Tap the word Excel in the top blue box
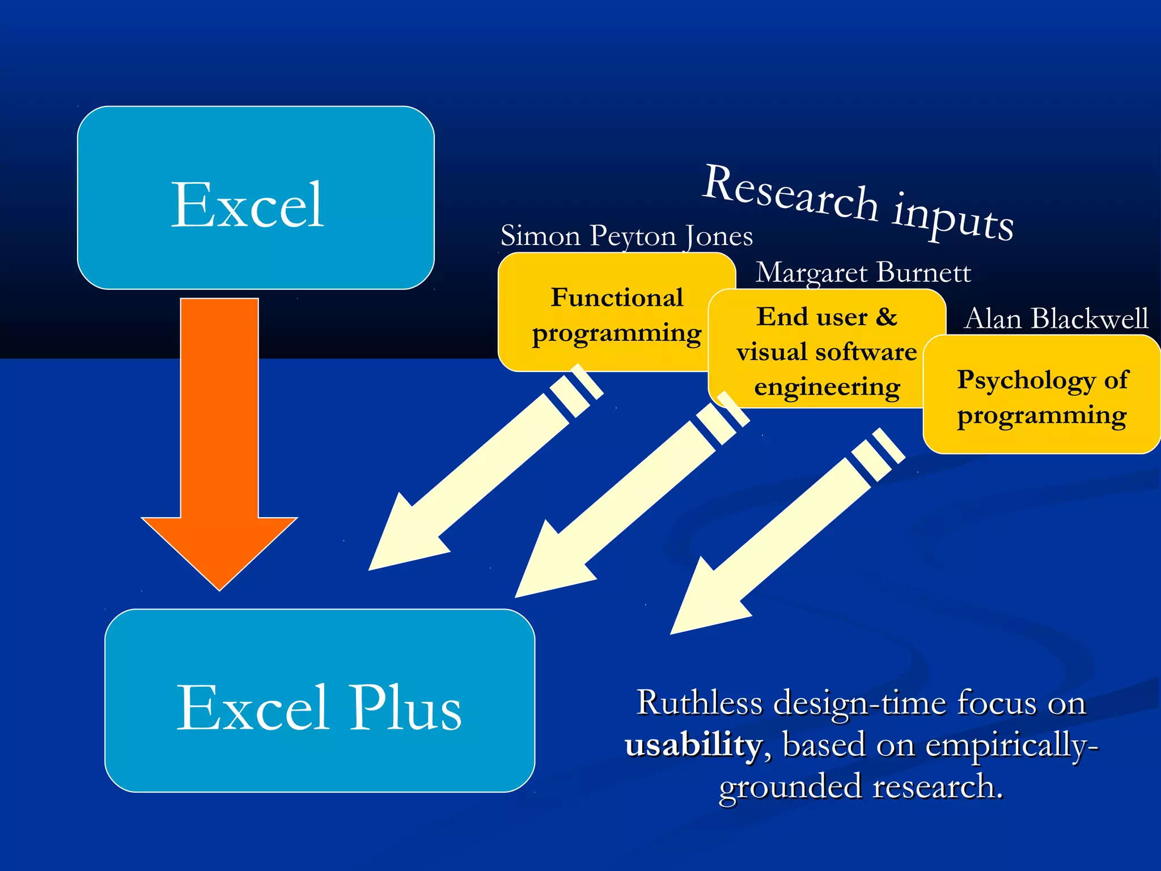(x=248, y=205)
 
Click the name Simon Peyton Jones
(x=626, y=235)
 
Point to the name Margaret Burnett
(x=863, y=273)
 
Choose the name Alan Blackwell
(x=1056, y=318)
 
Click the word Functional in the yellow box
(x=617, y=298)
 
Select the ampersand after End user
(x=887, y=317)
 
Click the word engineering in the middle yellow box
(x=827, y=387)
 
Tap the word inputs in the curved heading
(x=953, y=218)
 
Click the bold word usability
(x=693, y=745)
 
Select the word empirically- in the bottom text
(x=1012, y=745)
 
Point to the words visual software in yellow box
(x=827, y=352)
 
